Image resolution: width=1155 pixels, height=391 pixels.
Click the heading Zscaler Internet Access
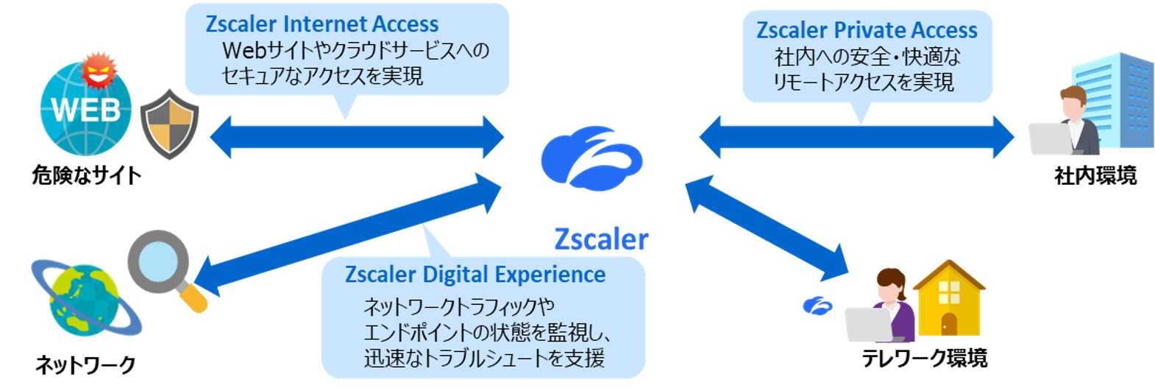click(x=321, y=24)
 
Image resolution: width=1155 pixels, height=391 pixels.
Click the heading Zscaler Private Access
click(x=867, y=30)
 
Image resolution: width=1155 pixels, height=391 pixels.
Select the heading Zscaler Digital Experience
click(x=475, y=275)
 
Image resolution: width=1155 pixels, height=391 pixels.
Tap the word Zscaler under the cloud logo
click(x=600, y=239)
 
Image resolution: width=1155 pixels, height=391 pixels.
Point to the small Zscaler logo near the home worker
click(x=817, y=305)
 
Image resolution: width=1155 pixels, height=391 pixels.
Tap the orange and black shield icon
click(x=170, y=123)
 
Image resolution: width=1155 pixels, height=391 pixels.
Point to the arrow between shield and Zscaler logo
click(x=357, y=137)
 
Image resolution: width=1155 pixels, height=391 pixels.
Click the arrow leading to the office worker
click(x=856, y=137)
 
